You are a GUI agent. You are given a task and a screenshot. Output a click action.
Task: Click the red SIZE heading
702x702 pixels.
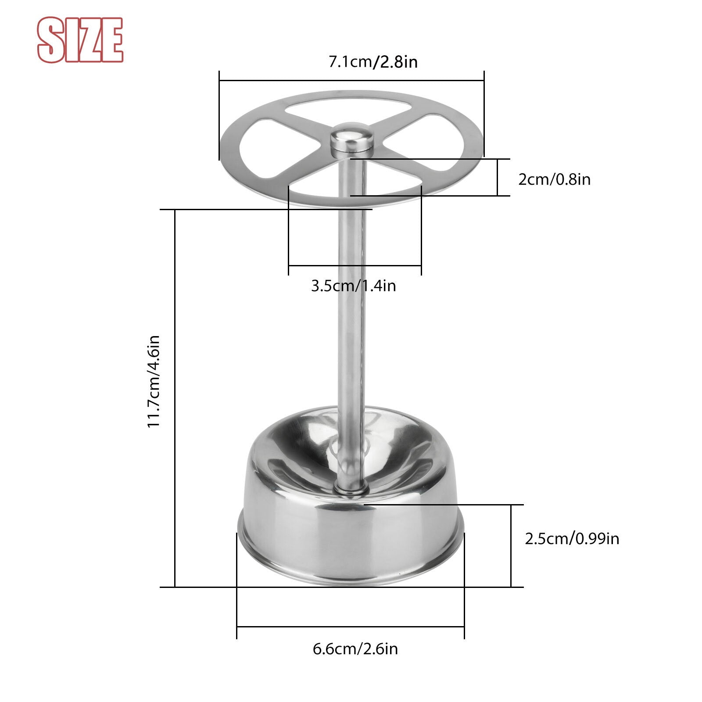click(x=80, y=40)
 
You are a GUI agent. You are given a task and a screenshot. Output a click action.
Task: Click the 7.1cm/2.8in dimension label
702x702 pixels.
click(x=373, y=62)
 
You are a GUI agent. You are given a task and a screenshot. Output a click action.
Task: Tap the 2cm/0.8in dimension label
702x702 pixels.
click(x=554, y=179)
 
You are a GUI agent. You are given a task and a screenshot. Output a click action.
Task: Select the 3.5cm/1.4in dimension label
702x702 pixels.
click(x=354, y=286)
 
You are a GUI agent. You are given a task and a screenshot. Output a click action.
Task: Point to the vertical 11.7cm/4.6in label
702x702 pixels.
click(x=153, y=381)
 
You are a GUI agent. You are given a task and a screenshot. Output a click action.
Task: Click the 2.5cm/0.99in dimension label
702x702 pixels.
click(x=572, y=538)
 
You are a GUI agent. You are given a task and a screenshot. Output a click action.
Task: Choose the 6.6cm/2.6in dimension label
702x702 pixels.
click(x=355, y=648)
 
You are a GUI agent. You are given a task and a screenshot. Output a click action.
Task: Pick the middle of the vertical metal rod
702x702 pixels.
click(x=351, y=307)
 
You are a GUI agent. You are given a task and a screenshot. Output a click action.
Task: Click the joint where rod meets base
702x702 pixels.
click(x=351, y=486)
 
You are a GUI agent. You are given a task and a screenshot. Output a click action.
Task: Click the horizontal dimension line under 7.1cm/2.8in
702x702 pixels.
click(x=351, y=81)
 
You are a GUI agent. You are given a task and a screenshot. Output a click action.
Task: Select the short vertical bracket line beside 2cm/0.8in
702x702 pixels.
click(x=498, y=177)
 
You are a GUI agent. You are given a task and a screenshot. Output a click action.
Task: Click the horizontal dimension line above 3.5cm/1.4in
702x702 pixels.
click(x=355, y=265)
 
